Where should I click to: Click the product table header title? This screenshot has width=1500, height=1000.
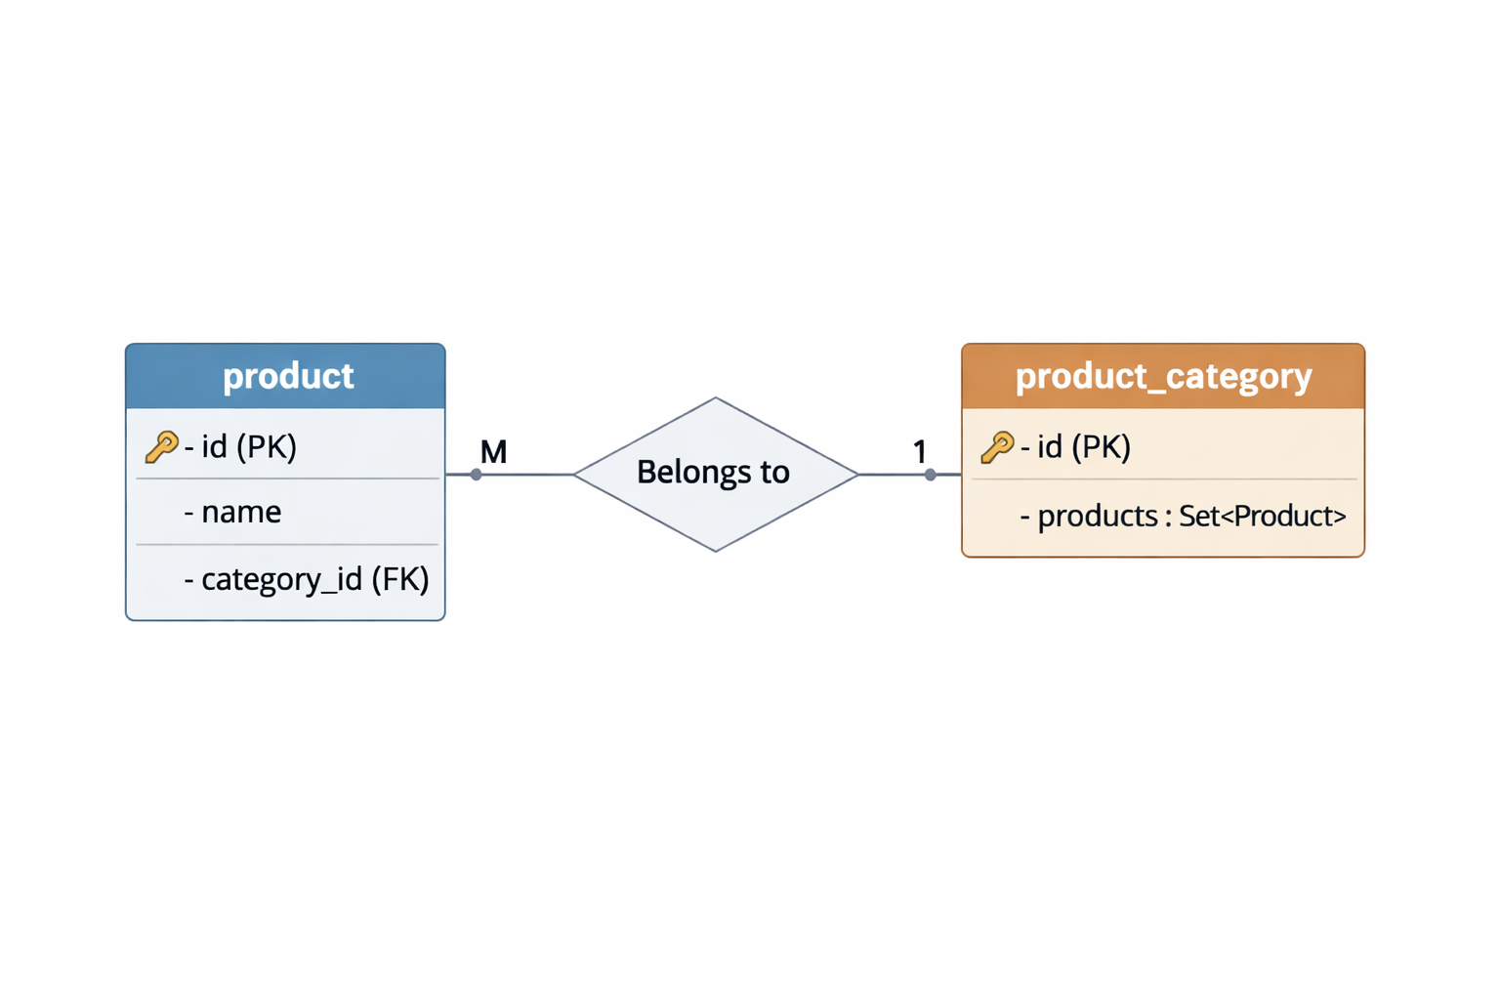pos(288,376)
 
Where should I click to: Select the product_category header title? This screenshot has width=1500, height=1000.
pos(1163,376)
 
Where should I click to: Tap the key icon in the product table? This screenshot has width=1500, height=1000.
pos(161,447)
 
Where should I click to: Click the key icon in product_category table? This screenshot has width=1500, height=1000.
pos(997,447)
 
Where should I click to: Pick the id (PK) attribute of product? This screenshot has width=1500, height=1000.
pos(248,447)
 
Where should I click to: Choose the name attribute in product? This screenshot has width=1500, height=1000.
pos(240,512)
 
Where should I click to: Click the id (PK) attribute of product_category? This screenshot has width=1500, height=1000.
pos(1083,447)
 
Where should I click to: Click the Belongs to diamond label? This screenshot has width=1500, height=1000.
pos(713,473)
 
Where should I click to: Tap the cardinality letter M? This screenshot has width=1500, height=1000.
pos(493,452)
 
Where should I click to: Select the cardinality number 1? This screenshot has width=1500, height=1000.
pos(919,452)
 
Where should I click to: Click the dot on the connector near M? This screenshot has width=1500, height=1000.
pos(476,475)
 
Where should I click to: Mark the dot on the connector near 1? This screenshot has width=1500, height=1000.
pos(931,475)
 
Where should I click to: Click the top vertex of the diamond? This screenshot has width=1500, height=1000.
pos(716,398)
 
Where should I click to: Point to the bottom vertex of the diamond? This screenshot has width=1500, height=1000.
pos(716,551)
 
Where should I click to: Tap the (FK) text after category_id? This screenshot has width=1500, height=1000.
pos(400,579)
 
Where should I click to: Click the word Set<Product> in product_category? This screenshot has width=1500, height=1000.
pos(1262,516)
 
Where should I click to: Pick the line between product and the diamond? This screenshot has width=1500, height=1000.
pos(527,475)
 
